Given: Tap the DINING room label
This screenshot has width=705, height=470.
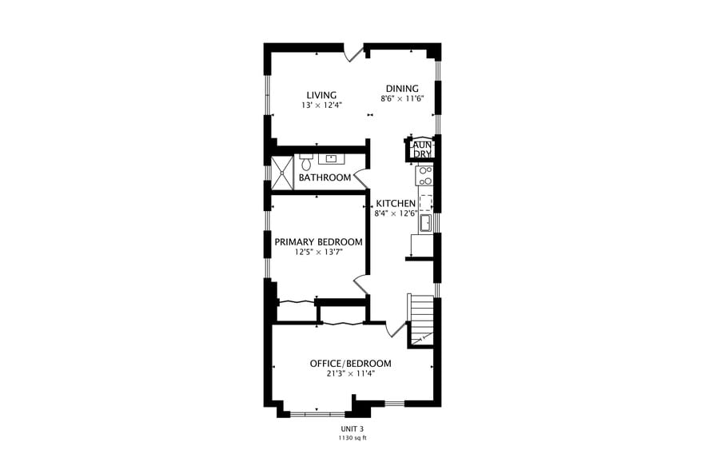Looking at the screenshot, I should [x=402, y=89].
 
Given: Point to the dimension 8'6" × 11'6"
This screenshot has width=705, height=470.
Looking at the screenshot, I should [x=402, y=98].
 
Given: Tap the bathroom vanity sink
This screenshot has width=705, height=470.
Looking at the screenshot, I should [x=333, y=158].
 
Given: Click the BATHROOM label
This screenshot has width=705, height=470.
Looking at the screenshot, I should [x=325, y=177].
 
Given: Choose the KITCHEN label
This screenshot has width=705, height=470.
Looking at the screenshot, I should [x=396, y=203].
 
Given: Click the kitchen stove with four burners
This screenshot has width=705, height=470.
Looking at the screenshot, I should [x=424, y=175].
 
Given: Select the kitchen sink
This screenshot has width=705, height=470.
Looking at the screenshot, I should [x=425, y=222].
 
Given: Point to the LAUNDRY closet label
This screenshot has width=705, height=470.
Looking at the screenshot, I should [x=422, y=149].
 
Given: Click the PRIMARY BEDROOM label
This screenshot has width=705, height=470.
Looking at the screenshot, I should [x=318, y=242].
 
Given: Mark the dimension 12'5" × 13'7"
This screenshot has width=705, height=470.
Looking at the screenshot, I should [x=318, y=253].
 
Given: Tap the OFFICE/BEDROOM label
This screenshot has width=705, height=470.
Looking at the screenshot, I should [x=350, y=364].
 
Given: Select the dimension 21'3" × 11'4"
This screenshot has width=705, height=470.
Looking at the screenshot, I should [x=350, y=373].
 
